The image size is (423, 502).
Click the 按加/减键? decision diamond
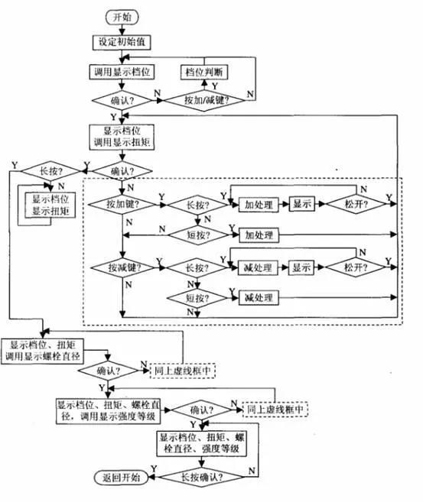tap(209, 100)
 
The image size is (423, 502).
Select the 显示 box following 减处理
tap(301, 268)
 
